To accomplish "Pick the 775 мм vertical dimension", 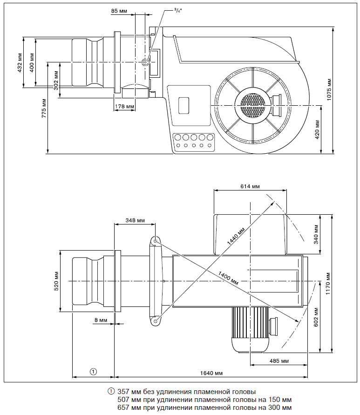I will pos(44,108).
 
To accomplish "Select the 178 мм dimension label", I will pos(124,107).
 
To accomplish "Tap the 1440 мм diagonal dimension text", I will pos(236,237).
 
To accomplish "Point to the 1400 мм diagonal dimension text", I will pos(228,278).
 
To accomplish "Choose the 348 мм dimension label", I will pos(135,220).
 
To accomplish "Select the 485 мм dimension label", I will pos(278,361).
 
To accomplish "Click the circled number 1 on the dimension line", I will pos(93,371).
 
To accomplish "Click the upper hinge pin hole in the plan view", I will pos(155,241).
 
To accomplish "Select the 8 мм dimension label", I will pos(100,320).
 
